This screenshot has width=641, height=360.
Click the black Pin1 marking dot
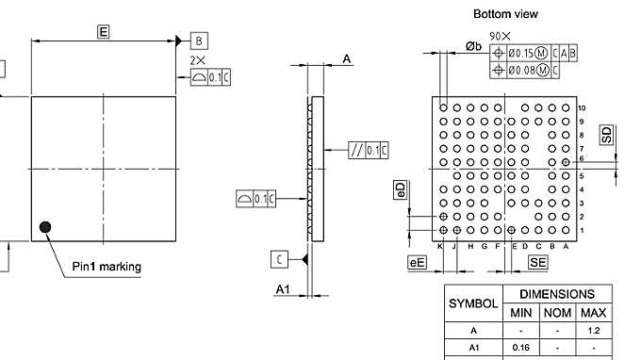[x=44, y=226]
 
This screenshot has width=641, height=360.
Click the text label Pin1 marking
[x=107, y=267]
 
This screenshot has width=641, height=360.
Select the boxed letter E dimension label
[x=103, y=32]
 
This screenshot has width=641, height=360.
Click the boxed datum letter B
[x=199, y=41]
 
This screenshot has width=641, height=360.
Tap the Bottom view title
[x=505, y=14]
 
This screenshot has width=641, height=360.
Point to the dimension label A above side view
[x=346, y=59]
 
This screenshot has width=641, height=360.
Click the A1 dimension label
[x=282, y=289]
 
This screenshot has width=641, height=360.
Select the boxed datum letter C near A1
[x=280, y=259]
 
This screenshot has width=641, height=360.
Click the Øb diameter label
[x=474, y=46]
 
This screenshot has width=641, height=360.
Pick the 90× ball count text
[x=501, y=35]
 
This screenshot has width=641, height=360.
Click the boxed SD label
[x=606, y=135]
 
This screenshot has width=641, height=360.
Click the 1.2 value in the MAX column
[x=593, y=331]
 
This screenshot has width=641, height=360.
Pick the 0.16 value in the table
[x=520, y=349]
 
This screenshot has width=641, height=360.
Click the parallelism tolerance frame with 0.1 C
[x=368, y=150]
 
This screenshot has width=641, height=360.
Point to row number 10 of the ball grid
[x=582, y=108]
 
